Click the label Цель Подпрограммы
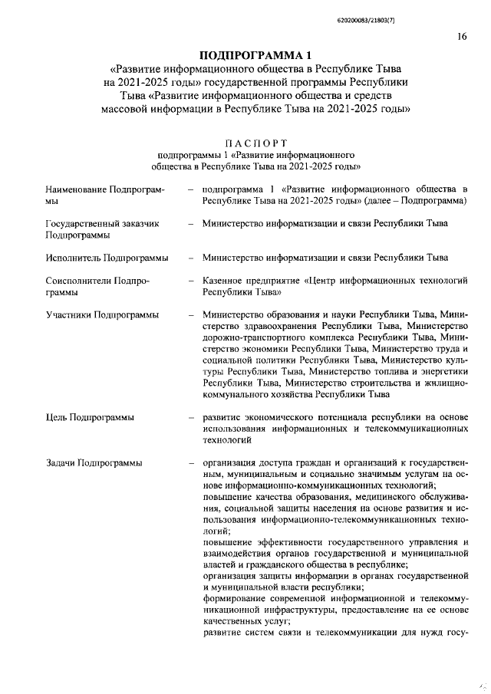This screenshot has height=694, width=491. pos(91,418)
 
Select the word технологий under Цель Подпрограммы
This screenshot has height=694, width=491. pos(228,440)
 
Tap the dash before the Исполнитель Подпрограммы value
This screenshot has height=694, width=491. pos(189,258)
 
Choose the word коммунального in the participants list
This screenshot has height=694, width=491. pos(236,395)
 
